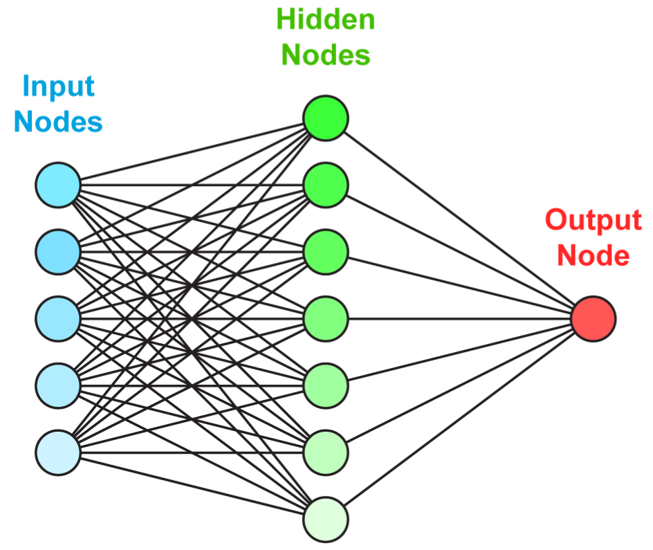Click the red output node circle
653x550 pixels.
(x=593, y=318)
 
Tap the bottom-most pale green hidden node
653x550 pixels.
(x=325, y=518)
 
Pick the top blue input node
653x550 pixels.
(x=58, y=185)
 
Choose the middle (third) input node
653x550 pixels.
(x=58, y=318)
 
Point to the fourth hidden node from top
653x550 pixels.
(x=325, y=318)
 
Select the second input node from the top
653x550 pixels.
(x=58, y=252)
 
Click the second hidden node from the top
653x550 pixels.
(x=325, y=185)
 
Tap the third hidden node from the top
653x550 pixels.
(x=325, y=252)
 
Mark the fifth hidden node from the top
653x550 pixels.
(x=325, y=385)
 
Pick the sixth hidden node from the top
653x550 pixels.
(x=325, y=452)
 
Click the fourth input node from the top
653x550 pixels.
(x=58, y=385)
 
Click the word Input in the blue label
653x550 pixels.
(x=58, y=88)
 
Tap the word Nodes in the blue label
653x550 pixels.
(x=58, y=122)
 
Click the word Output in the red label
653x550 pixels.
(x=593, y=221)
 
